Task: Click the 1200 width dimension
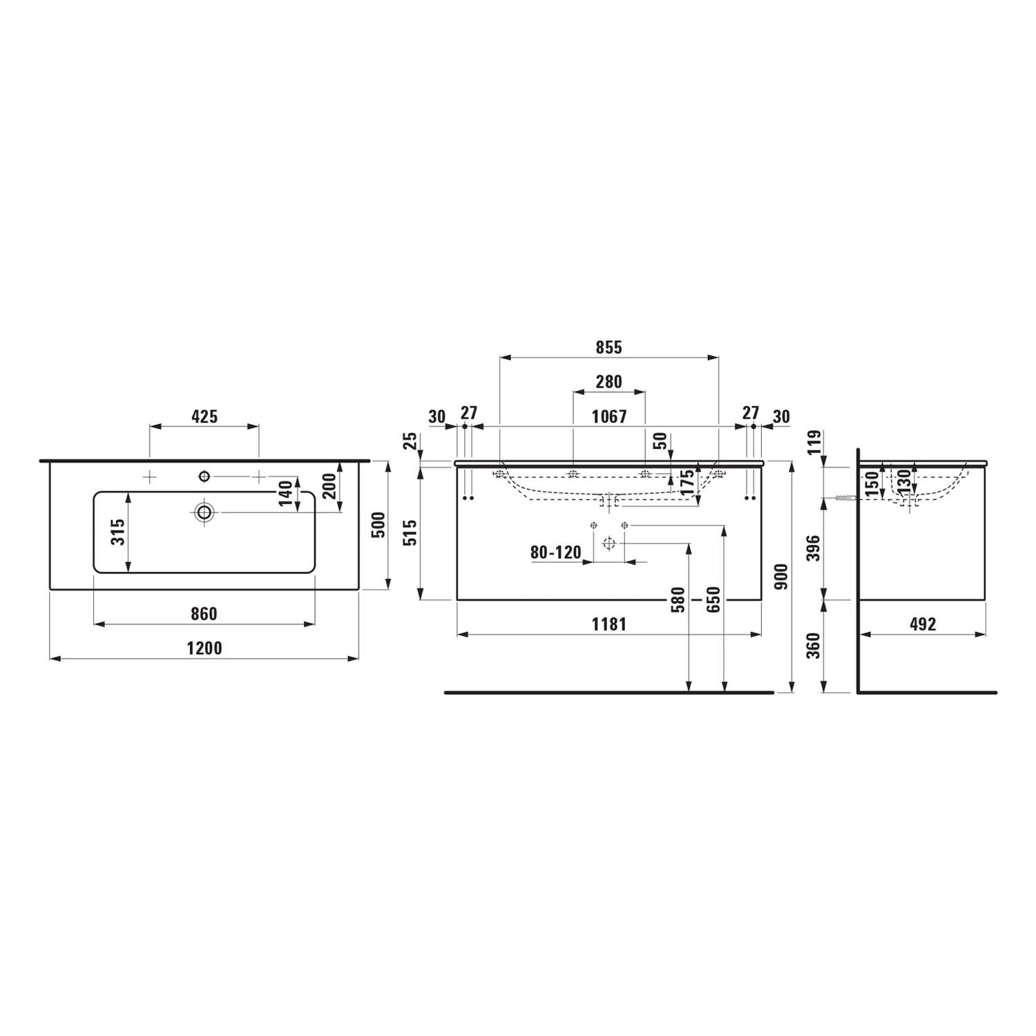click(x=204, y=648)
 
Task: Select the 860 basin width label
click(x=204, y=613)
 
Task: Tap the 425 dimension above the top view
click(x=204, y=416)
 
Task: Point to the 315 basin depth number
click(x=119, y=532)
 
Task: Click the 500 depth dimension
click(x=378, y=526)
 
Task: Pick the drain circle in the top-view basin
click(x=204, y=512)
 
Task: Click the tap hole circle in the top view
click(x=204, y=476)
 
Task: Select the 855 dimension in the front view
click(x=608, y=347)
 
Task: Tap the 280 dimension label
click(x=608, y=381)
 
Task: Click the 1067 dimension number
click(x=608, y=416)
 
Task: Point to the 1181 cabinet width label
click(x=608, y=624)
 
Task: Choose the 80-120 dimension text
click(x=556, y=553)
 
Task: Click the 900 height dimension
click(x=781, y=577)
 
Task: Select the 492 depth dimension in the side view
click(x=922, y=624)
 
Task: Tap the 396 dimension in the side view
click(x=814, y=548)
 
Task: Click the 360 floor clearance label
click(x=814, y=646)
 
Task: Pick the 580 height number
click(x=678, y=599)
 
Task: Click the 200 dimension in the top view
click(x=329, y=486)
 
